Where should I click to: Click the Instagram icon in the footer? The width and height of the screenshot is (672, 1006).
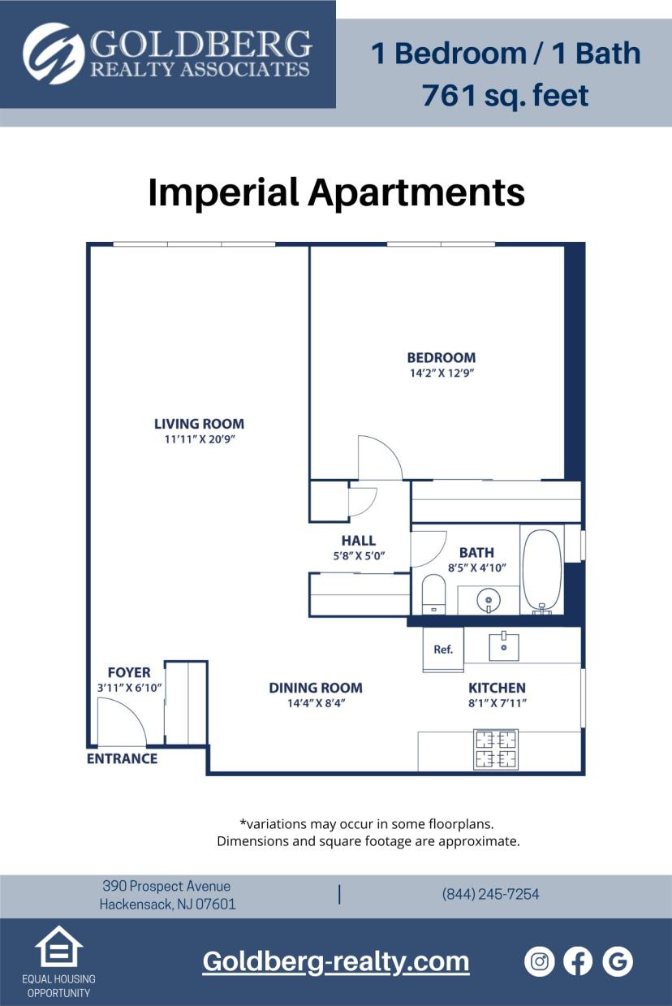click(539, 961)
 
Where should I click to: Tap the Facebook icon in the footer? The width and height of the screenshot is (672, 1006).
click(578, 961)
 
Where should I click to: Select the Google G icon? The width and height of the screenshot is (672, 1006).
click(618, 961)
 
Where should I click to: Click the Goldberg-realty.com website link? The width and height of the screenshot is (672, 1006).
click(336, 961)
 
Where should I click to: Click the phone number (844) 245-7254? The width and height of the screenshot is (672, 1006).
click(490, 894)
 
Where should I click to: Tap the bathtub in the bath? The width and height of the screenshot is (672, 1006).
click(542, 571)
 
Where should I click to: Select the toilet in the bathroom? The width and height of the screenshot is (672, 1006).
click(434, 594)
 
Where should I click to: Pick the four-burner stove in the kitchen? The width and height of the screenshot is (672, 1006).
click(495, 749)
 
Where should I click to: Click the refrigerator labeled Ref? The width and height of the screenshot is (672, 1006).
click(443, 650)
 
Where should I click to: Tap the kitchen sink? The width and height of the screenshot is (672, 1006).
click(503, 645)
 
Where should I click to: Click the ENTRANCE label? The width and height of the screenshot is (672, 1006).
click(122, 758)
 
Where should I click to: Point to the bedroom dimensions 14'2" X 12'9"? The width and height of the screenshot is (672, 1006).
click(442, 373)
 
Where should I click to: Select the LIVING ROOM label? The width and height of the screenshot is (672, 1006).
click(199, 424)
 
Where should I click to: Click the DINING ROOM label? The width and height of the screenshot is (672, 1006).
click(316, 688)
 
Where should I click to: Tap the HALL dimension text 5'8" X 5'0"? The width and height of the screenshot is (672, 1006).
click(358, 556)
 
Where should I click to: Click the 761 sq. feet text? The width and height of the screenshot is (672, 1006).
click(505, 95)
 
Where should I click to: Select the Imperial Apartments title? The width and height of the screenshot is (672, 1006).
click(336, 192)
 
